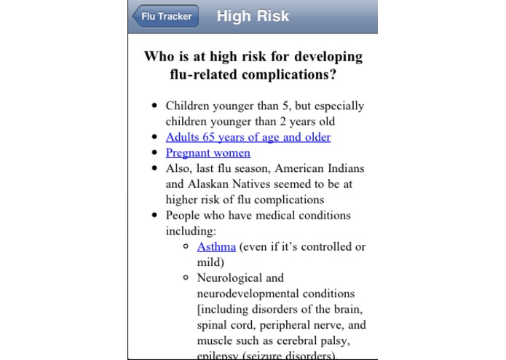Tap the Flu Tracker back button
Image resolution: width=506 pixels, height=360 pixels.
click(165, 17)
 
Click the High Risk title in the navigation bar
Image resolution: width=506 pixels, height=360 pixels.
click(253, 16)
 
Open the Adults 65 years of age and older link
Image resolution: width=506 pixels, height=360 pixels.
click(248, 137)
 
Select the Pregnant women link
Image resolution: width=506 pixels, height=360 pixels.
click(207, 153)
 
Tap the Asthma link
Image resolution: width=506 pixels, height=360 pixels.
click(216, 246)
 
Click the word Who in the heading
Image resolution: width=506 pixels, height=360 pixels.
click(160, 57)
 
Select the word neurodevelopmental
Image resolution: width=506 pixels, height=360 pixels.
click(247, 293)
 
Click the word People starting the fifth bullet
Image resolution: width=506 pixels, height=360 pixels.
click(183, 215)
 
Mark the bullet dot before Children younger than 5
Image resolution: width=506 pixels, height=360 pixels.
click(154, 106)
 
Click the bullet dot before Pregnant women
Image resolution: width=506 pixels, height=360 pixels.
click(154, 153)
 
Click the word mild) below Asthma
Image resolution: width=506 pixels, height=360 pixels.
click(210, 262)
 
